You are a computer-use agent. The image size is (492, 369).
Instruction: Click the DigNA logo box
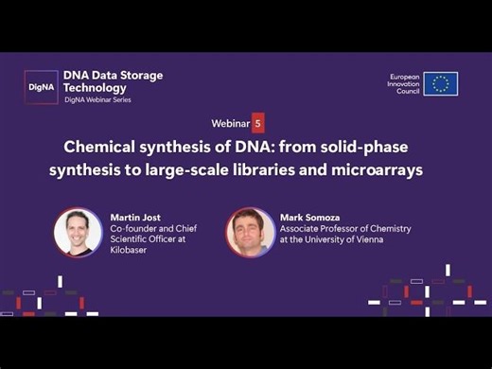tap(41, 86)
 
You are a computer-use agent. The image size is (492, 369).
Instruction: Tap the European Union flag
tap(440, 83)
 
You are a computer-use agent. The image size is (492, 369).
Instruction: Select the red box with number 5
tap(257, 123)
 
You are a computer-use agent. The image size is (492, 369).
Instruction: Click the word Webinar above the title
tap(230, 124)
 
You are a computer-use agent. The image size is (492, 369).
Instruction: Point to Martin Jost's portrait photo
tap(78, 232)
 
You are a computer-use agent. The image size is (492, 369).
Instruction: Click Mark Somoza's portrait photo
tap(250, 232)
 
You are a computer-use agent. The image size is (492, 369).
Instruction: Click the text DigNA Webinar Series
tap(104, 99)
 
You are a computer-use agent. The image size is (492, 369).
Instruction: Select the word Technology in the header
tap(98, 87)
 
